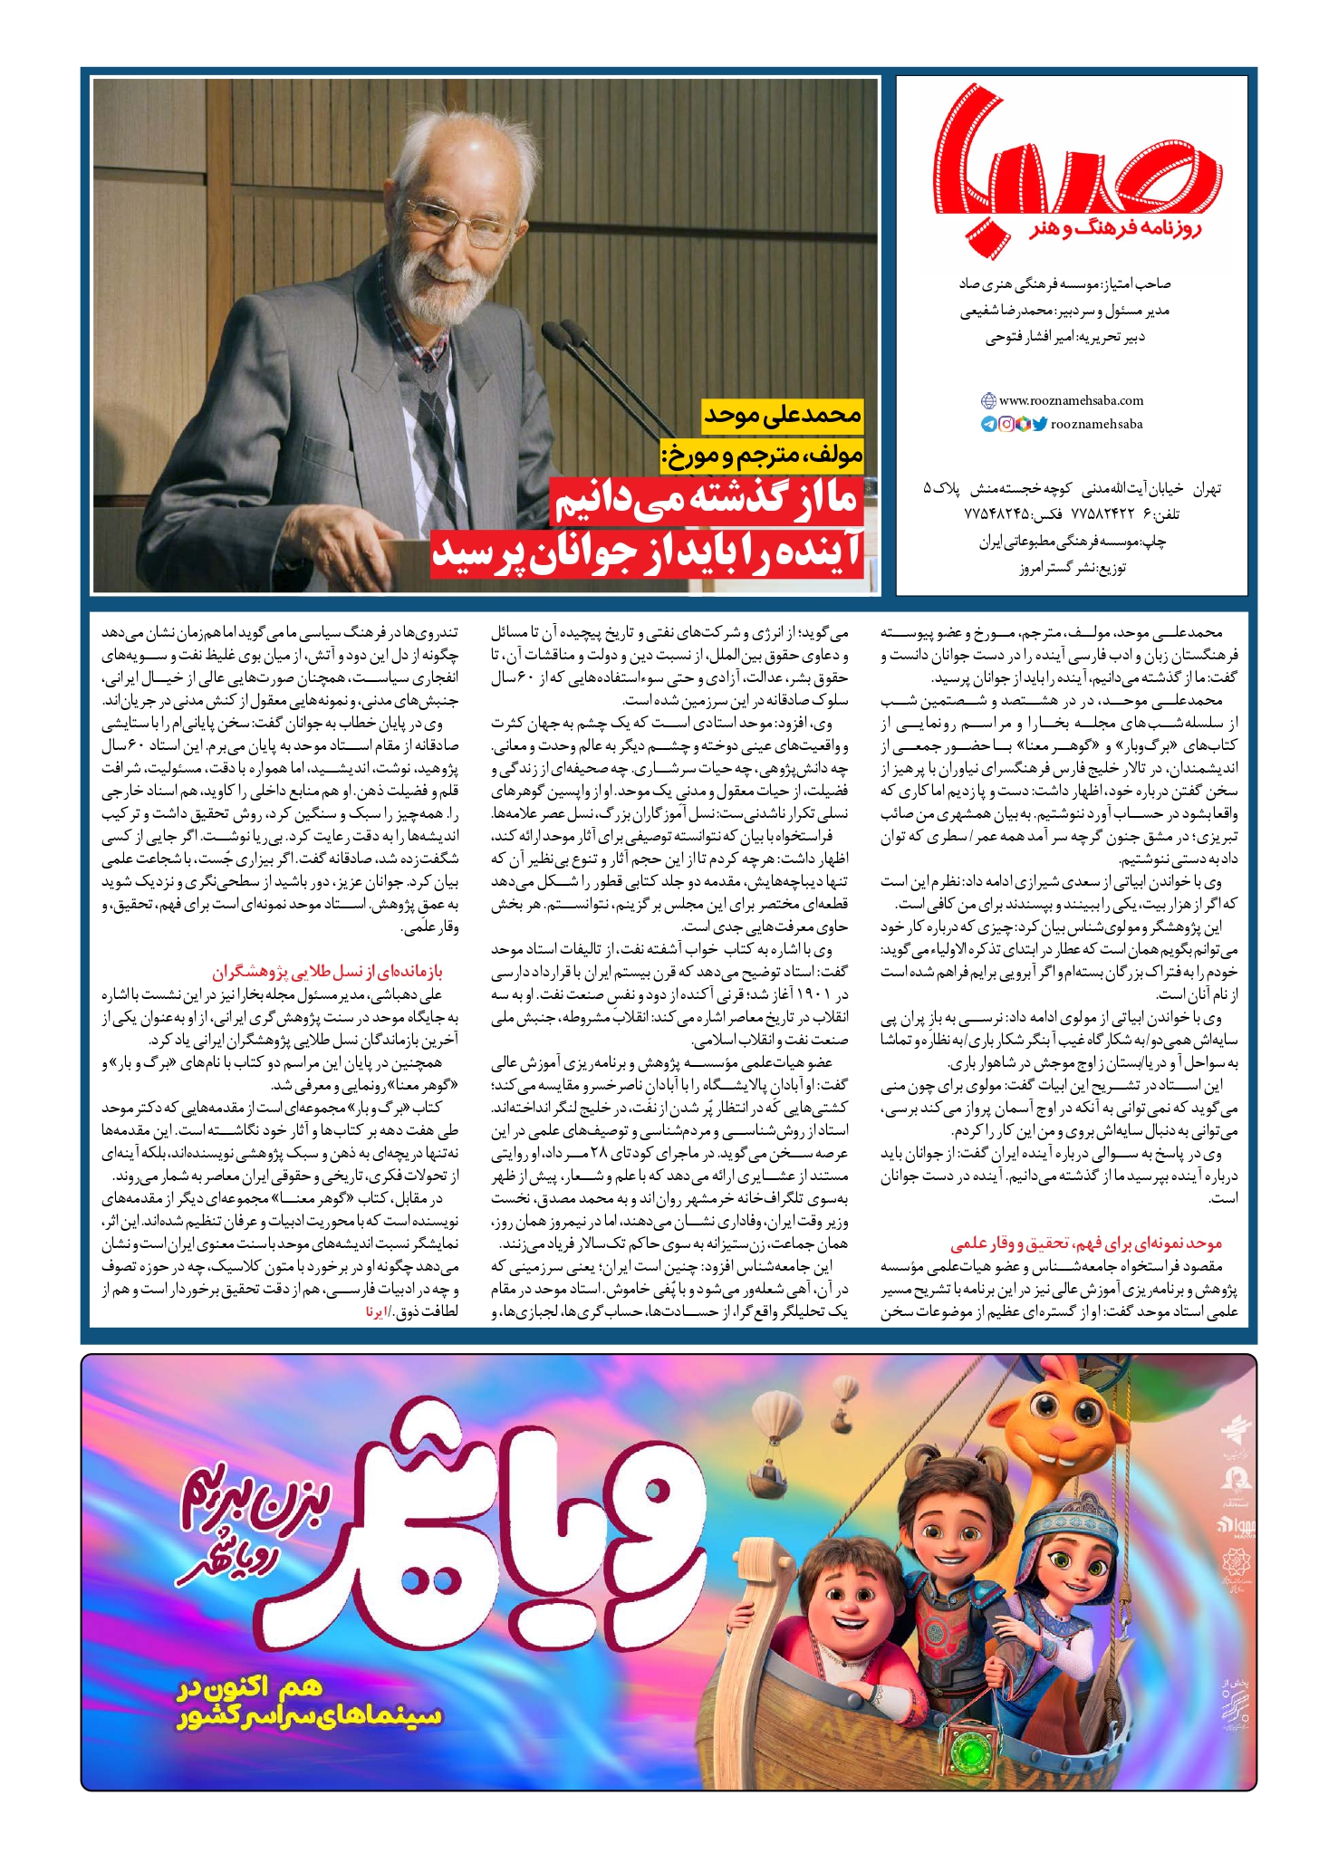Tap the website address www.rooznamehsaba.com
pyautogui.click(x=1070, y=400)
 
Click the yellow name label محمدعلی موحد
pyautogui.click(x=783, y=416)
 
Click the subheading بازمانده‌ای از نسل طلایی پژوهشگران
pyautogui.click(x=327, y=973)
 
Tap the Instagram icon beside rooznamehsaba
pyautogui.click(x=1006, y=424)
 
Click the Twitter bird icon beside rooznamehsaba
pyautogui.click(x=1039, y=424)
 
